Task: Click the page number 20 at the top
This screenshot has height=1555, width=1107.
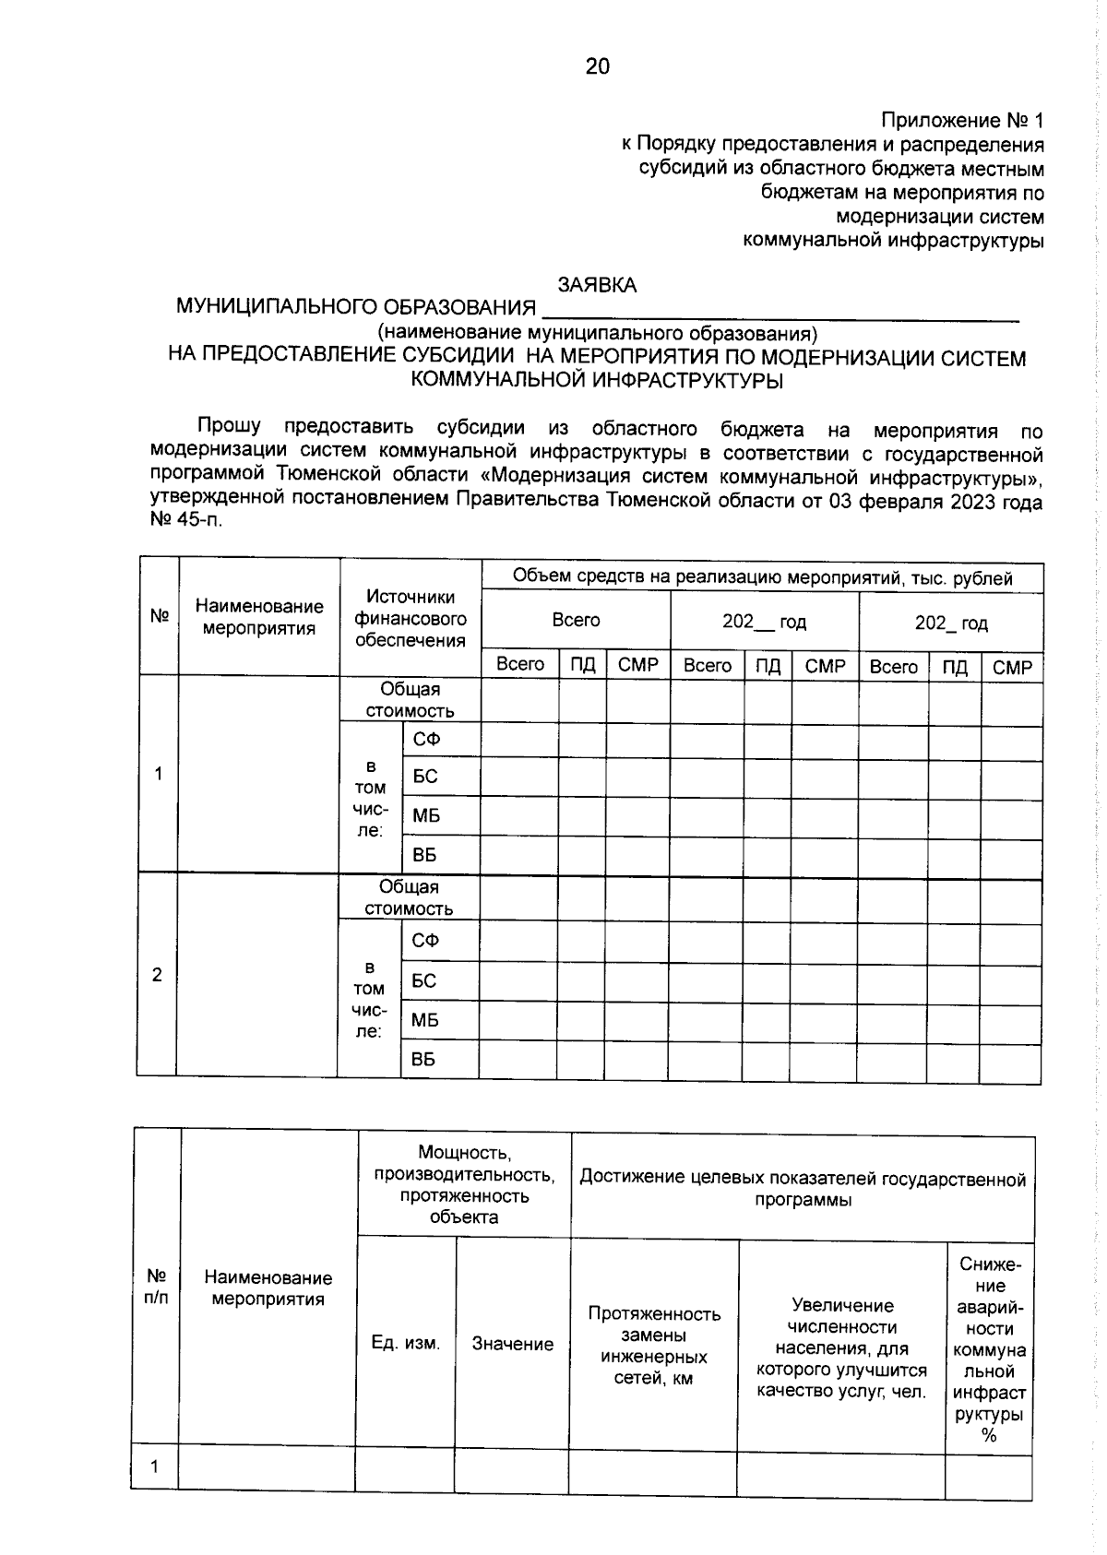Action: pos(597,66)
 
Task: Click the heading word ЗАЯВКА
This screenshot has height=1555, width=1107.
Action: pos(597,285)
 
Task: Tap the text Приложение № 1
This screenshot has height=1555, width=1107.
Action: pos(962,121)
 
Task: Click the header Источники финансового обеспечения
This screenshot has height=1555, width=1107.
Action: pos(411,619)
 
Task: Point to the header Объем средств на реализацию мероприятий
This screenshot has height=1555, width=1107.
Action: pos(762,578)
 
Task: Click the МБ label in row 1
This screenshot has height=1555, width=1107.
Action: pos(426,815)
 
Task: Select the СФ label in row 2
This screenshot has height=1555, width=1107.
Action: pos(425,941)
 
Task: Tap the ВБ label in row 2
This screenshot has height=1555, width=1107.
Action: pos(423,1060)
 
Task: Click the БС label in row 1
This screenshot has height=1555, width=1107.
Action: pos(425,777)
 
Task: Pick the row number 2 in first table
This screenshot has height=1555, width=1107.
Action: pos(157,975)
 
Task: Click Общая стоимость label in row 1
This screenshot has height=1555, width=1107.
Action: pos(410,700)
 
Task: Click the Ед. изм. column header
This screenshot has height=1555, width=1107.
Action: pos(406,1343)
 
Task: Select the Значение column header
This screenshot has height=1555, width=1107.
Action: pos(513,1344)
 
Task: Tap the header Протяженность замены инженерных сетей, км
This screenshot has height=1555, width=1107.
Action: pos(654,1346)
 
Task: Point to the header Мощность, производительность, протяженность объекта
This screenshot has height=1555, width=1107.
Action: pos(464,1185)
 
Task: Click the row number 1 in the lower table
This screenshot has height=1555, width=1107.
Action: pos(154,1466)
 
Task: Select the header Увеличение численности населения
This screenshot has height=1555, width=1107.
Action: pos(841,1347)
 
